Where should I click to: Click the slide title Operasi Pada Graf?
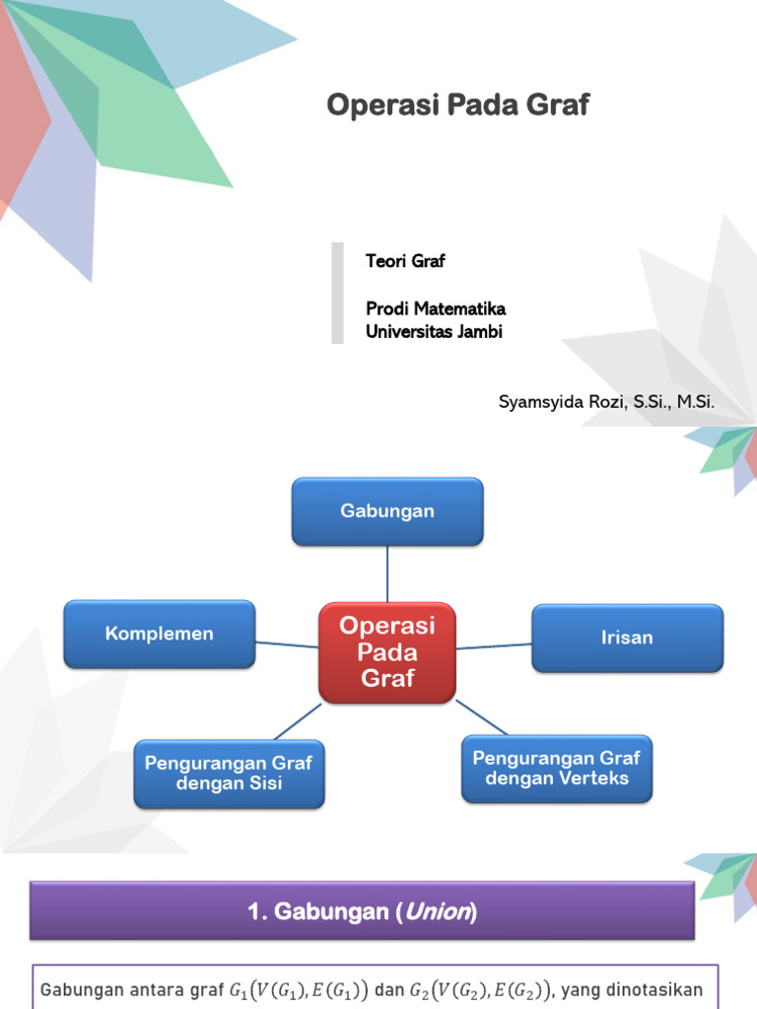point(457,105)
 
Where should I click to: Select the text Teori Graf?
point(405,261)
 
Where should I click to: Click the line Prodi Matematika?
point(435,308)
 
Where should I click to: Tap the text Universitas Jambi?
point(434,331)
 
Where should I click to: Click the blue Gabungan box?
point(387,511)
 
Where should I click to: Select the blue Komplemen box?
point(160,634)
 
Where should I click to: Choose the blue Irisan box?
point(627,638)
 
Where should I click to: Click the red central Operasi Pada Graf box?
point(387,651)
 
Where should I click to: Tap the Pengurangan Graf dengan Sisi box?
point(229,774)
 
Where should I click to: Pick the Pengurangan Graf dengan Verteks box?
point(556,769)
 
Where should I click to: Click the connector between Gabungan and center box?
point(387,573)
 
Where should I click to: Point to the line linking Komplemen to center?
point(287,644)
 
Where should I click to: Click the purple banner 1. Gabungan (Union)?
point(363,912)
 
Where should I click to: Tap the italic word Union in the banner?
point(437,913)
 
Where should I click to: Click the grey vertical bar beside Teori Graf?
point(337,293)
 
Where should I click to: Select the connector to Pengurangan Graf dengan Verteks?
point(481,716)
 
